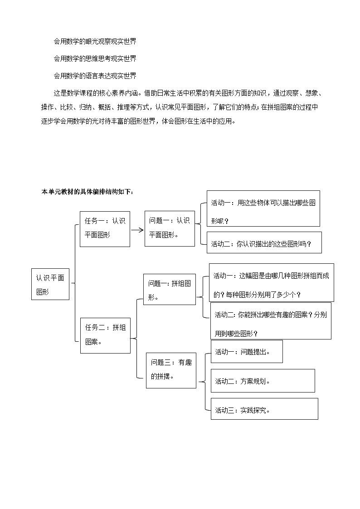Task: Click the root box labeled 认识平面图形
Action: [x=50, y=284]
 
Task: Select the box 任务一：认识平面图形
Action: [x=105, y=228]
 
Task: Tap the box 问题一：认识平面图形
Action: [x=170, y=228]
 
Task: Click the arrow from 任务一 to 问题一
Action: [x=137, y=229]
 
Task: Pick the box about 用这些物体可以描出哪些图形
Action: [x=263, y=208]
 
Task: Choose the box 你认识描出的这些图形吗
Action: [x=264, y=243]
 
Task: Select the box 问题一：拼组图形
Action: [x=170, y=290]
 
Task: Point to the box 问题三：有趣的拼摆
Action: [x=171, y=369]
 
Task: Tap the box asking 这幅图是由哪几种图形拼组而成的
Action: [x=271, y=283]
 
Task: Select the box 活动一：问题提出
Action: [x=247, y=352]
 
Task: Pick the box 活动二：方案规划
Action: [x=263, y=381]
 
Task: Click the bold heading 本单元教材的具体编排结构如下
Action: [x=87, y=192]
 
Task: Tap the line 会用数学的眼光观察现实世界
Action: [x=95, y=42]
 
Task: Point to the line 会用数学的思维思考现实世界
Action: [x=95, y=58]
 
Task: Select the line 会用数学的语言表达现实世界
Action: [x=95, y=75]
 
